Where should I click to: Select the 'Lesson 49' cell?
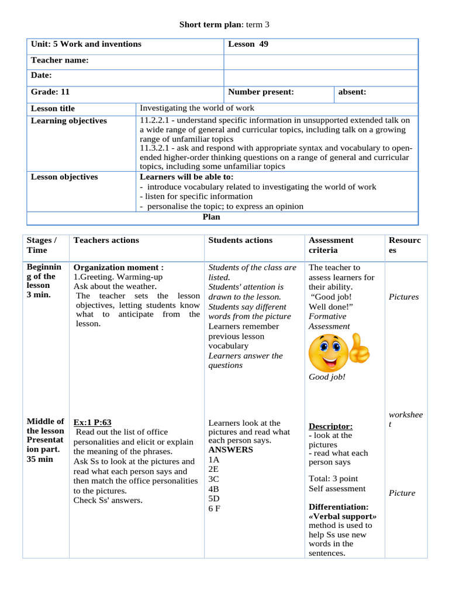coord(248,44)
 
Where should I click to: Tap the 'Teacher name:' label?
coord(60,60)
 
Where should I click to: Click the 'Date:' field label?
coord(42,75)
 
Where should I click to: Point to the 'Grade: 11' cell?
coord(50,92)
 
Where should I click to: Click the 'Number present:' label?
coord(261,92)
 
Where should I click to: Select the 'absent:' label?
coord(353,92)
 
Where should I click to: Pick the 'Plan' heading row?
coord(211,217)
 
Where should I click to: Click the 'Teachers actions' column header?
coord(106,240)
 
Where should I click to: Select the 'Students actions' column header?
coord(240,240)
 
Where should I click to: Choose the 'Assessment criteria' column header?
coord(331,245)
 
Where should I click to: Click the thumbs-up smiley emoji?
coord(337,352)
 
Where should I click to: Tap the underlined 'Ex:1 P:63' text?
coord(92,422)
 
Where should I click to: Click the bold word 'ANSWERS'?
coord(230,450)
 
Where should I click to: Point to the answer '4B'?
coord(213,489)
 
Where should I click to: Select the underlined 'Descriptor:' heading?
coord(330,426)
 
